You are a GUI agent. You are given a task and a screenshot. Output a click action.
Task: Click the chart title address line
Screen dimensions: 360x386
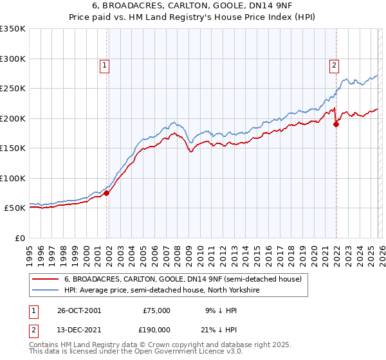tap(193, 6)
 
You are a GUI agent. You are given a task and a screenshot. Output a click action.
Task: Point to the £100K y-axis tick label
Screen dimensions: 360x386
tap(13, 178)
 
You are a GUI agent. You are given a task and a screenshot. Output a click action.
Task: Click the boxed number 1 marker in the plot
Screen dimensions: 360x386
tap(104, 64)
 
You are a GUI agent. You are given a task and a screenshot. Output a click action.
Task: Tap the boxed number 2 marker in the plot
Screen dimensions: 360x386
tap(335, 64)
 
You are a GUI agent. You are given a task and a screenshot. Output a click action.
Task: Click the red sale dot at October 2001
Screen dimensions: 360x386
tap(107, 193)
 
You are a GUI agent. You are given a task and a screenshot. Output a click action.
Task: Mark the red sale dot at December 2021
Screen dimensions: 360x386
tap(336, 125)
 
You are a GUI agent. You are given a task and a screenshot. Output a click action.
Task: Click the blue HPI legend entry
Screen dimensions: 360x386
tap(161, 291)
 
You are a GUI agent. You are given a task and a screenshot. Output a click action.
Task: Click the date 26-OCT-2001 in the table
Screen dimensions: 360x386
tap(79, 310)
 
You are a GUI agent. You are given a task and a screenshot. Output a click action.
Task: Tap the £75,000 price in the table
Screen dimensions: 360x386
tap(156, 310)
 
